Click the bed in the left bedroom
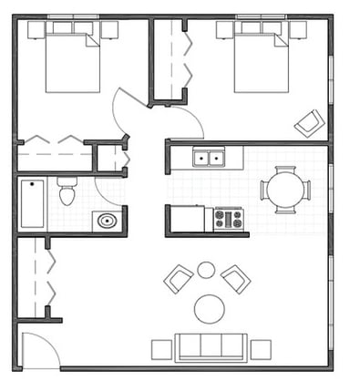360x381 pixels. point(72,58)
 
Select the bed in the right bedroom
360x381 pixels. point(261,58)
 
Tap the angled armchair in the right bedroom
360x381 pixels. point(308,122)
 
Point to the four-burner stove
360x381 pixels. point(228,220)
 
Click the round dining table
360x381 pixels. point(284,190)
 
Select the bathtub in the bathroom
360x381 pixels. point(32,203)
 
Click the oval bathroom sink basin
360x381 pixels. point(107,220)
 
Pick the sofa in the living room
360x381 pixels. point(211,347)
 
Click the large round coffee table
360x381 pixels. point(210,309)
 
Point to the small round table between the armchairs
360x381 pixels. point(206,270)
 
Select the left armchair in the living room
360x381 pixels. point(178,278)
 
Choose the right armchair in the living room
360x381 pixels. point(236,278)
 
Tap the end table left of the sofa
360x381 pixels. point(162,349)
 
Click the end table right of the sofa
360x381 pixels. point(261,349)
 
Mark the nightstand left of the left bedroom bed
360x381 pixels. point(36,30)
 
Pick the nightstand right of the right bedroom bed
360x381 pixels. point(298,30)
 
